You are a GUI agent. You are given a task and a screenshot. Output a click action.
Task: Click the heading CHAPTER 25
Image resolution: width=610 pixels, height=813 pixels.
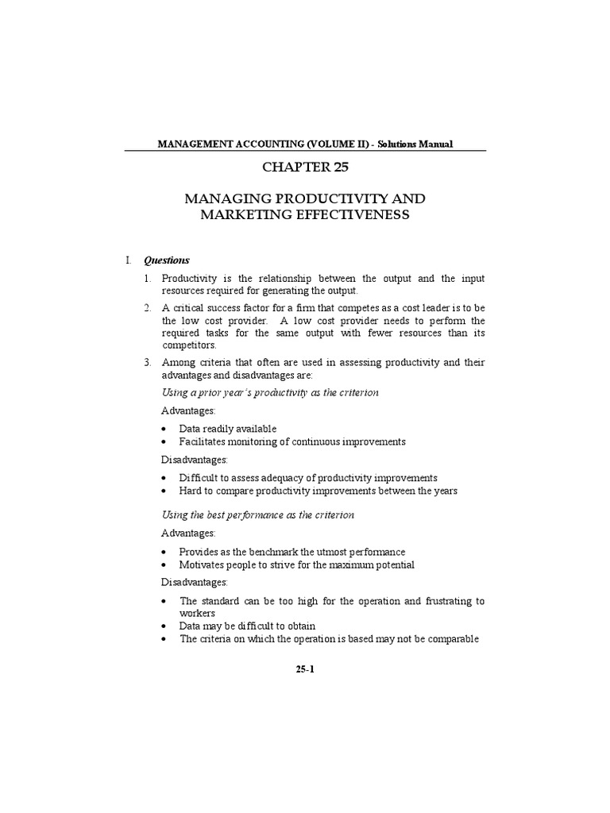click(306, 168)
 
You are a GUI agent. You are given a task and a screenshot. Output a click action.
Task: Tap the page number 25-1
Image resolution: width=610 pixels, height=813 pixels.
click(306, 669)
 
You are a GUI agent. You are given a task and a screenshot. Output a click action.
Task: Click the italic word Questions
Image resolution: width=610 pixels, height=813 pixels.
click(167, 260)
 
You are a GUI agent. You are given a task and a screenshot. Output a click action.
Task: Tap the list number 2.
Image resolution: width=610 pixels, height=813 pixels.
click(147, 306)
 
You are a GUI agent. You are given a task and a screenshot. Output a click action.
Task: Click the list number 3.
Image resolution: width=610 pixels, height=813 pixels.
click(147, 362)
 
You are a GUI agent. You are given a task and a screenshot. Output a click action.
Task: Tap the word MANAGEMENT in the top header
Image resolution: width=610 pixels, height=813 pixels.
click(194, 144)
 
